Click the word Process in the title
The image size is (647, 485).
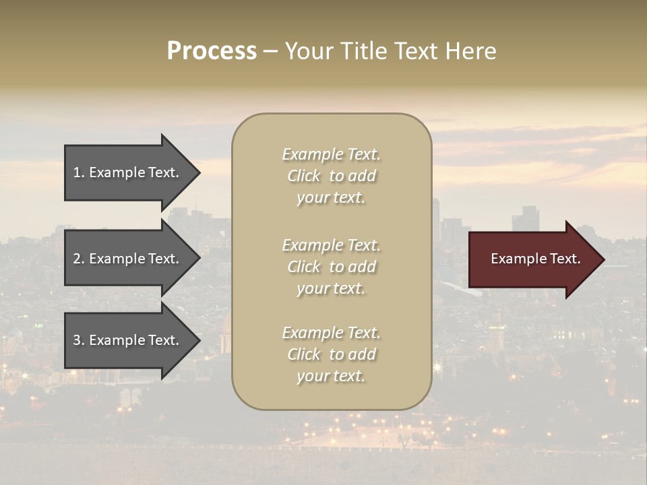coord(212,51)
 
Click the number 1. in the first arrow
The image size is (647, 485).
coord(79,172)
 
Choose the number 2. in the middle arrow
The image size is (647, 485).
coord(79,259)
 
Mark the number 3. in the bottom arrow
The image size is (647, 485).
coord(79,340)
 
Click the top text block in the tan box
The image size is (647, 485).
coord(331,176)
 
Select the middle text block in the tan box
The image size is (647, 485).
coord(331,267)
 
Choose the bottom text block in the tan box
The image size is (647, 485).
coord(331,354)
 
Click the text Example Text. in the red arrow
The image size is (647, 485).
coord(535,259)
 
